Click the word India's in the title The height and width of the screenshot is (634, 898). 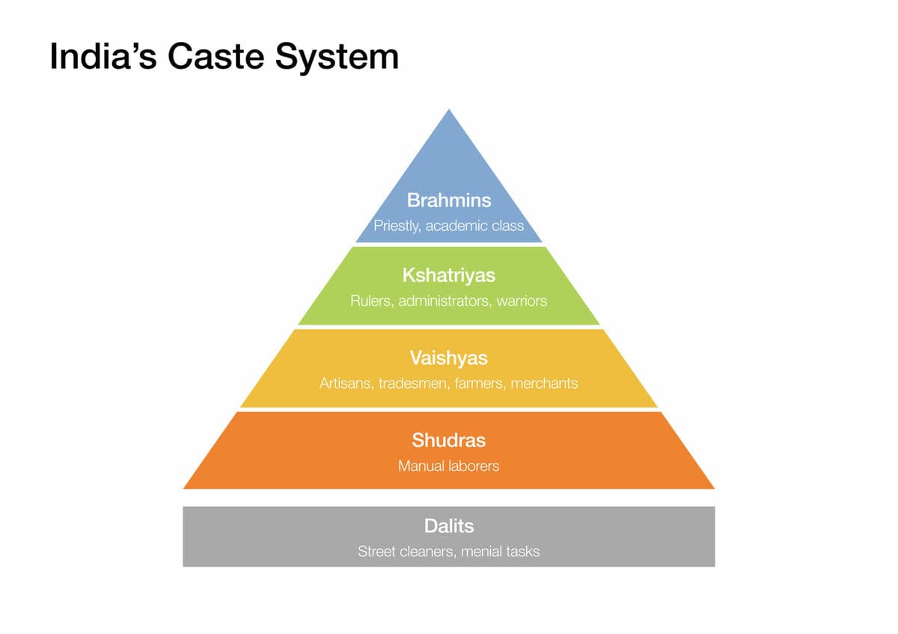(103, 56)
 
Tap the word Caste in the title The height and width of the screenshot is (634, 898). (216, 56)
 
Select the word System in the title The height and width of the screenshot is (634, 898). (337, 58)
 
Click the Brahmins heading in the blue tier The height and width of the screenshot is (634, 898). (449, 200)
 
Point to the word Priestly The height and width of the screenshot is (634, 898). (397, 227)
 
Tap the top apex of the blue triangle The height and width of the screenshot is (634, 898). (449, 109)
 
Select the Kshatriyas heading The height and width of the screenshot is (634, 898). (449, 276)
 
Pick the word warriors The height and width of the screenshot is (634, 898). (522, 301)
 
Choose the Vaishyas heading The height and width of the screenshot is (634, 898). (449, 358)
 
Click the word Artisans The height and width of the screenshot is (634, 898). (346, 384)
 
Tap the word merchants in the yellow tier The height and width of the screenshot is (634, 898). (545, 384)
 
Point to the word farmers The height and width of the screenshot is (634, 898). (480, 384)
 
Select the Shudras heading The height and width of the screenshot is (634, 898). (449, 440)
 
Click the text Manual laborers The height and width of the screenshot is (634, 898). (449, 467)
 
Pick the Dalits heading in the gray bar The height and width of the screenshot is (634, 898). (449, 526)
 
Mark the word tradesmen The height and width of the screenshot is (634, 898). (413, 384)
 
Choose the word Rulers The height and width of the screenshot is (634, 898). (372, 301)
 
